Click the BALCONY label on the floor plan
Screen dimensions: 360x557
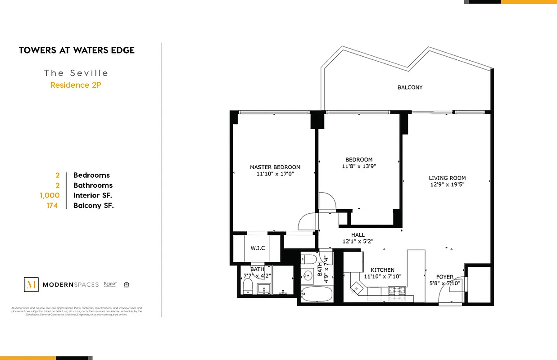click(410, 87)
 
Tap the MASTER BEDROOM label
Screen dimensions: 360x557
click(275, 167)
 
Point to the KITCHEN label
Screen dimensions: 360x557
click(383, 270)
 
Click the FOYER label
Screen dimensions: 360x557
click(445, 277)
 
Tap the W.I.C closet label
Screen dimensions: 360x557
click(258, 248)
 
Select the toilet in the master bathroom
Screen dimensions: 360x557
click(248, 286)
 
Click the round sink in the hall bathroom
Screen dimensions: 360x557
click(308, 275)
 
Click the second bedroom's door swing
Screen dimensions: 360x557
click(326, 201)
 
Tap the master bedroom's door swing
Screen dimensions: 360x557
click(308, 222)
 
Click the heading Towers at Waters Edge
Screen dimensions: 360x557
click(77, 50)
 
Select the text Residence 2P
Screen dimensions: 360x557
click(76, 85)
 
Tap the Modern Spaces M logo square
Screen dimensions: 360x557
click(31, 284)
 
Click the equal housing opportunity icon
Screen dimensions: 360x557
click(127, 284)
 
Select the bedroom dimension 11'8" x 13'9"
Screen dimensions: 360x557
click(359, 166)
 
